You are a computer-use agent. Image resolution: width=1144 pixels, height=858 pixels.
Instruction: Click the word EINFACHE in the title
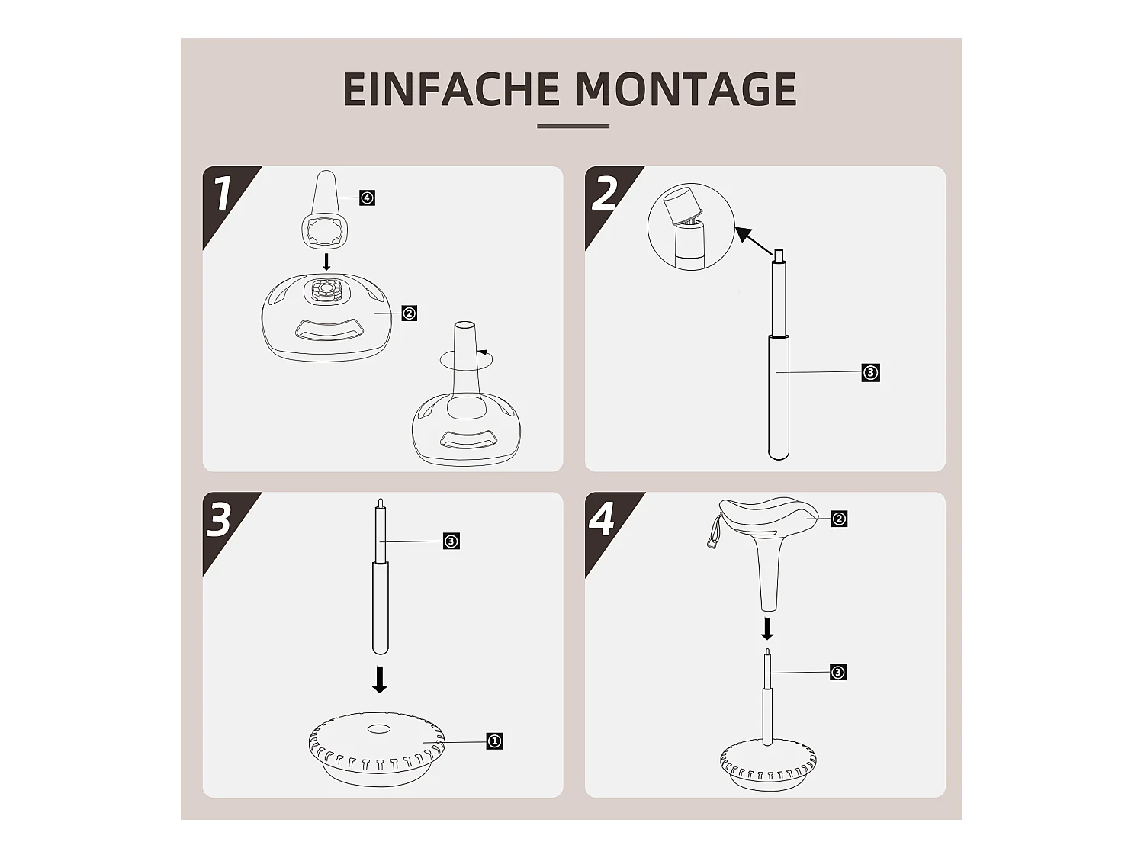[x=451, y=89]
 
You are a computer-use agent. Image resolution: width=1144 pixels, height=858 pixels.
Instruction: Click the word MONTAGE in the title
[x=686, y=89]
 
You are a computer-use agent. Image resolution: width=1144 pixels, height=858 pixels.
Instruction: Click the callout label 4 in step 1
[x=368, y=198]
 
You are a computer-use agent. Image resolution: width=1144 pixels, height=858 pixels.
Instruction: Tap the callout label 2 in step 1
[x=409, y=313]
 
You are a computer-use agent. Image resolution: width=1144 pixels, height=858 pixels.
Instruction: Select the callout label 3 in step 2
[x=870, y=373]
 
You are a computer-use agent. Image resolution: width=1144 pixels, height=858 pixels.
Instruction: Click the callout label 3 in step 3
[x=451, y=541]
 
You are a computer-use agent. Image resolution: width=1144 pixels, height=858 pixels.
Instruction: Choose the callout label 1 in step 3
[x=495, y=741]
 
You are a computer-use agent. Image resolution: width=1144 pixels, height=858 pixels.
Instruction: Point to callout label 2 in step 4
[x=839, y=519]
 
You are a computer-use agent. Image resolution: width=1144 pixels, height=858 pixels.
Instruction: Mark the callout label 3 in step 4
[x=837, y=673]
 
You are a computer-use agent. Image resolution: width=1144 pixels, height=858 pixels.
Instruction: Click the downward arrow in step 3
[x=380, y=680]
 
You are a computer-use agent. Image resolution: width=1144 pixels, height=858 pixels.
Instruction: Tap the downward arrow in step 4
[x=767, y=628]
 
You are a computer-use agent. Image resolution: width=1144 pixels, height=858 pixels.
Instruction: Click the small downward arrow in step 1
[x=326, y=262]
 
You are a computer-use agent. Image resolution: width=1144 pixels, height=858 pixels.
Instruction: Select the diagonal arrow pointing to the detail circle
[x=754, y=241]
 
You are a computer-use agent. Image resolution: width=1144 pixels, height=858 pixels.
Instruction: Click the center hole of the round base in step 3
[x=379, y=729]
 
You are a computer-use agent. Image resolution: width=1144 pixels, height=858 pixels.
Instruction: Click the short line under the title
[x=574, y=126]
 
